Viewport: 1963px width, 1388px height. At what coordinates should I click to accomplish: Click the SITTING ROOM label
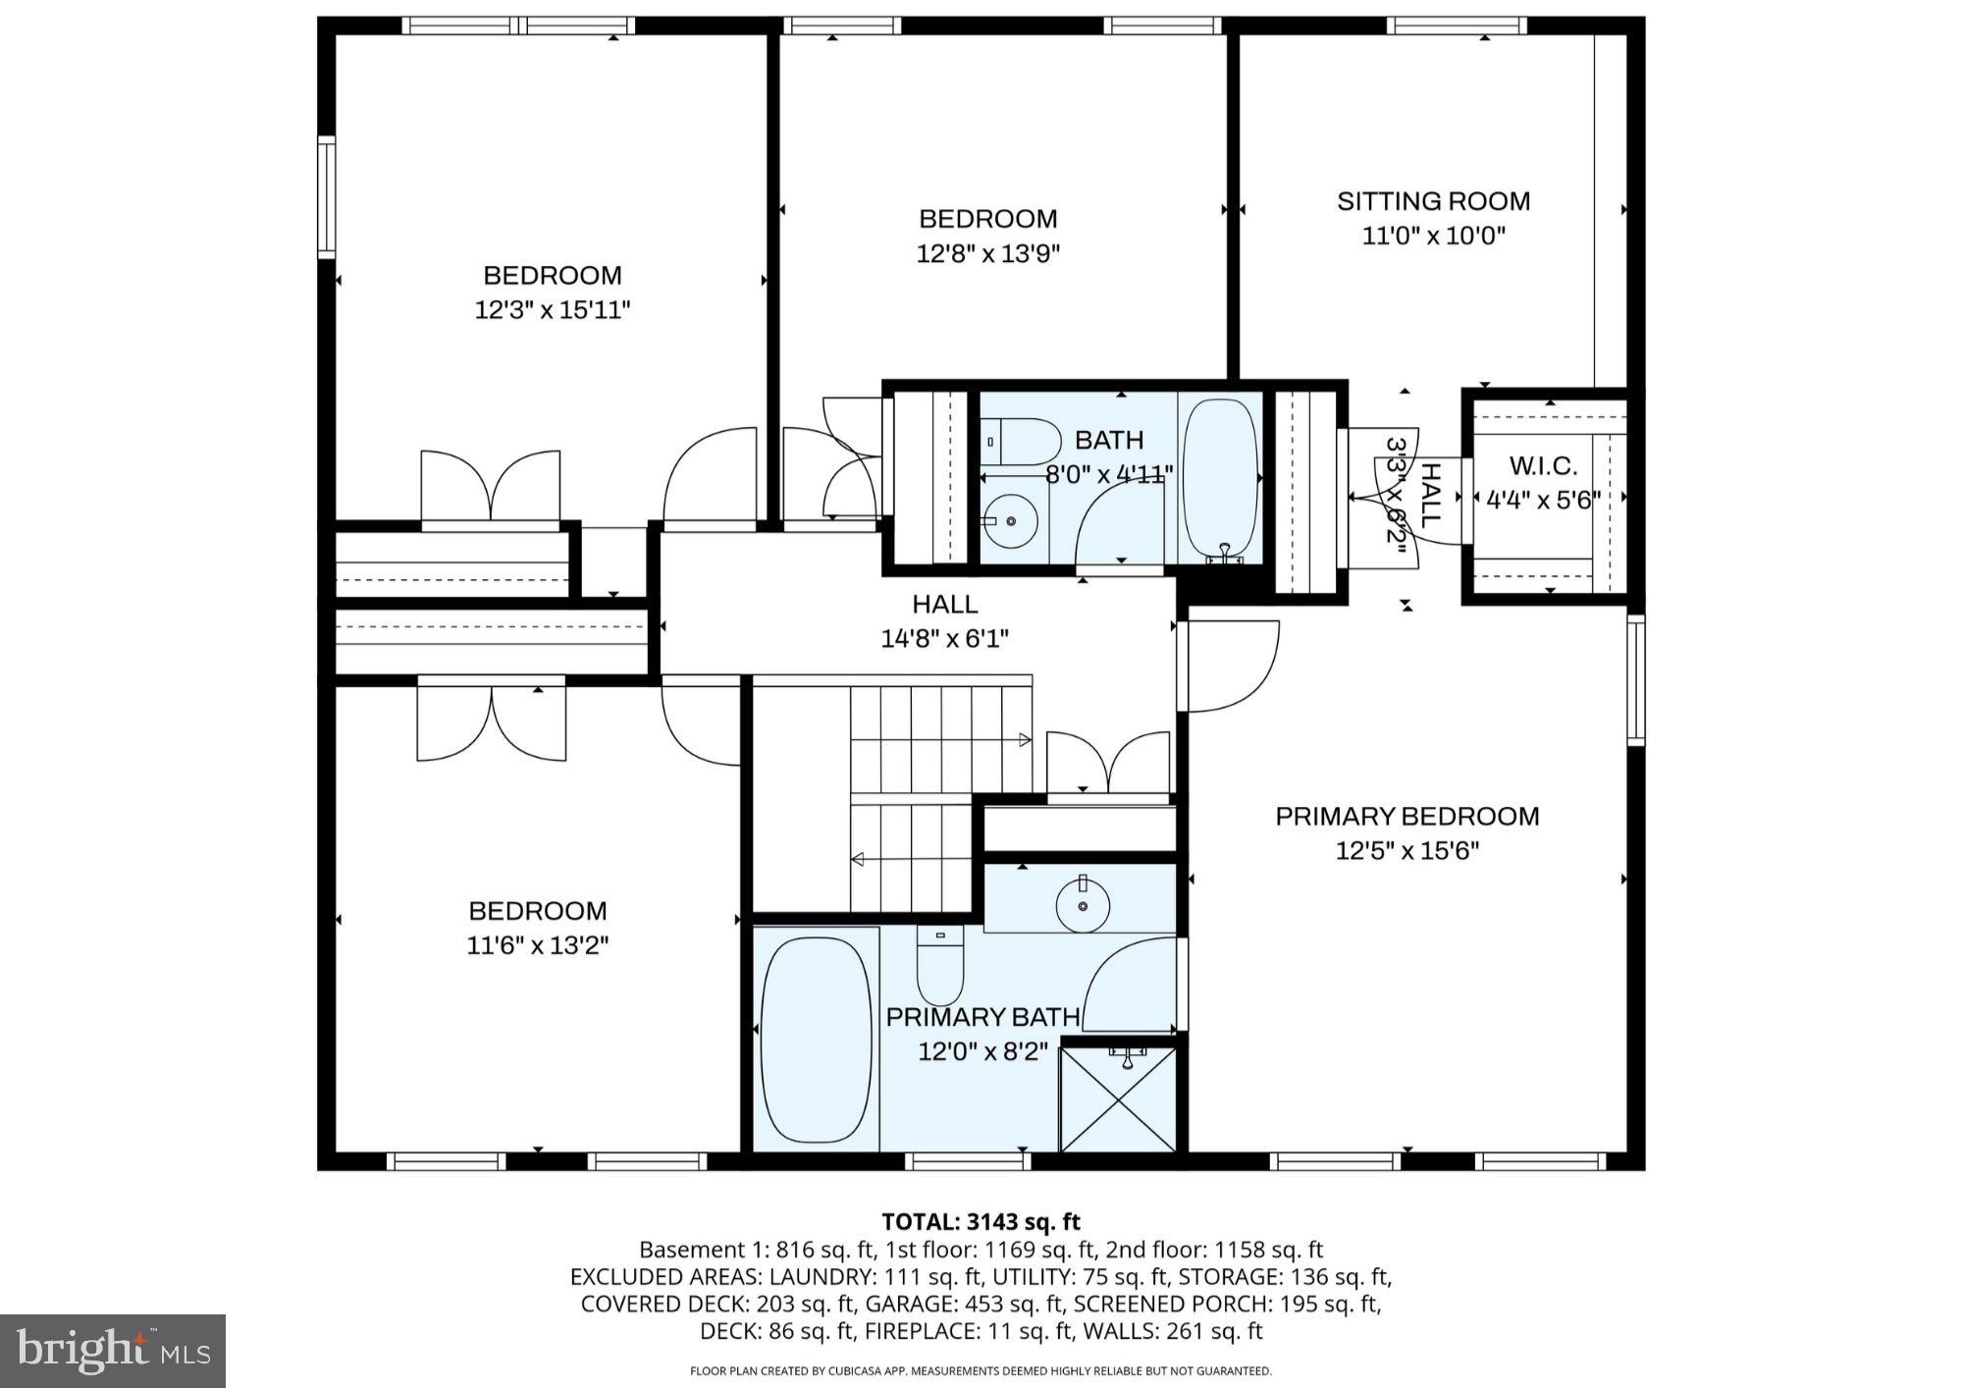tap(1433, 201)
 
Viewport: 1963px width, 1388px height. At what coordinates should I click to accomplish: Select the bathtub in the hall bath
tap(1221, 476)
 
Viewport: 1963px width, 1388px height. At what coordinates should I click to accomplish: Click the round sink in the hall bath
tap(1011, 521)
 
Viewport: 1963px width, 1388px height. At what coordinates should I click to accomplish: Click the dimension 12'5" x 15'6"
tap(1406, 850)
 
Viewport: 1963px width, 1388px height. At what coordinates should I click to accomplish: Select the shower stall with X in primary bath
tap(1119, 1099)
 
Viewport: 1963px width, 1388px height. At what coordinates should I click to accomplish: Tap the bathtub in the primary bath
tap(816, 1039)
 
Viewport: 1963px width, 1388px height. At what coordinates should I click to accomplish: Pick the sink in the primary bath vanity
tap(1083, 904)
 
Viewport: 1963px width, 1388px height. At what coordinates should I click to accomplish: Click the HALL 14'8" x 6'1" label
tap(944, 620)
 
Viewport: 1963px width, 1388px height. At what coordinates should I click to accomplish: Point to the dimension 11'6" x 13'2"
tap(537, 945)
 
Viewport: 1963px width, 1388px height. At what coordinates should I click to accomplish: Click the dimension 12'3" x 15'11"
tap(552, 310)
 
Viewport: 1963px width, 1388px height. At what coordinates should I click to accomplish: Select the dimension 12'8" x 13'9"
tap(987, 254)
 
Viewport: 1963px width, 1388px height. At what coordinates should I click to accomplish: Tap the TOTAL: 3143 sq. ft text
tap(981, 1222)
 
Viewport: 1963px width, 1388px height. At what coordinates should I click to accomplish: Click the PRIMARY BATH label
tap(982, 1017)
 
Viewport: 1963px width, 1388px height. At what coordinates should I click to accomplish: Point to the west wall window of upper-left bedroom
tap(326, 197)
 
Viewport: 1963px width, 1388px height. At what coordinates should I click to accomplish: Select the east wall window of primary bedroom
tap(1635, 679)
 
